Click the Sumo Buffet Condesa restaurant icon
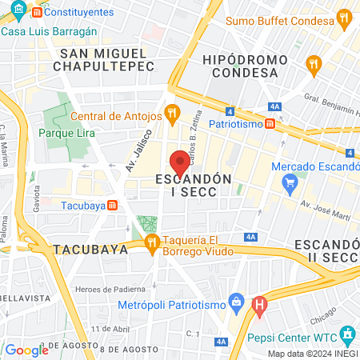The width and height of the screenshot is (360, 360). tap(344, 17)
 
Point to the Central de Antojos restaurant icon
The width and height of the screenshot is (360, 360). tap(170, 113)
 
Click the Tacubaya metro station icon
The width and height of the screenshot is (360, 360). tap(114, 205)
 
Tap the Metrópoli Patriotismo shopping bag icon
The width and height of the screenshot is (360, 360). tap(235, 302)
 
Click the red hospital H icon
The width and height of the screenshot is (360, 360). tap(259, 304)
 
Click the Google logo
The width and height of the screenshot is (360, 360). tap(26, 350)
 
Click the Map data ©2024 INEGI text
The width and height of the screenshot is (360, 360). tap(311, 353)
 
